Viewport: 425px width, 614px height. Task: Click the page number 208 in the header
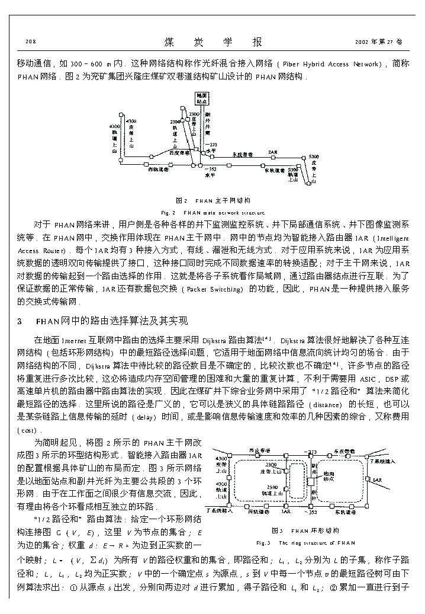(30, 42)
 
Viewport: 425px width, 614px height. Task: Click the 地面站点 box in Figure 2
(202, 98)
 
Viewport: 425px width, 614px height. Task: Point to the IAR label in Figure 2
(273, 152)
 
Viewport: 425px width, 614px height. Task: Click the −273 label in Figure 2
(211, 144)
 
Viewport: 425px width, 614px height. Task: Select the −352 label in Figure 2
(210, 169)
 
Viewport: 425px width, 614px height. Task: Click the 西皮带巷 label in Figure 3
(259, 450)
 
